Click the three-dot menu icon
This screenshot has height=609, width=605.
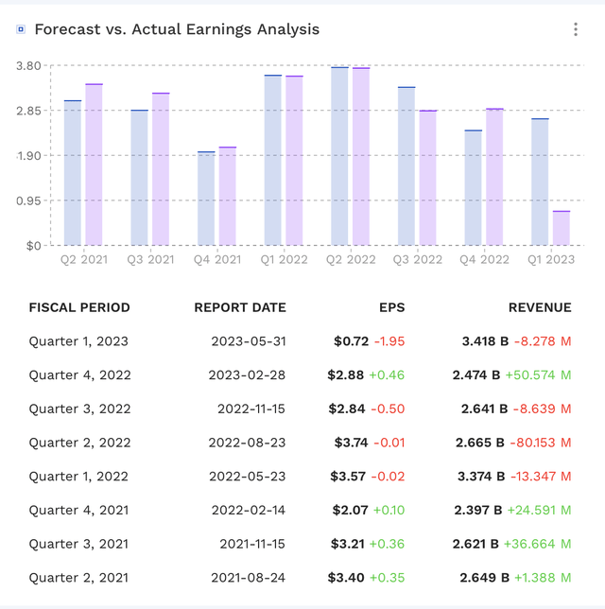[575, 29]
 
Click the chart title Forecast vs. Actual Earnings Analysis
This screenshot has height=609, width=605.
[177, 29]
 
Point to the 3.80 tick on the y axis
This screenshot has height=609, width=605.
[29, 65]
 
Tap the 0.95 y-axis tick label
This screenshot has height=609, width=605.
[29, 200]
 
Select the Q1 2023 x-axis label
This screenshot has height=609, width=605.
[551, 259]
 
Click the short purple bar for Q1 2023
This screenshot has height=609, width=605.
[562, 228]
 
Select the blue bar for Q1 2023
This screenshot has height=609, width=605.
[540, 182]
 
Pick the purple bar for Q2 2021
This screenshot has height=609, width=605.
[95, 165]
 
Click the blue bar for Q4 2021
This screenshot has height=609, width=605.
[206, 198]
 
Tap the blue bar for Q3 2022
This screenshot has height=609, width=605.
[406, 165]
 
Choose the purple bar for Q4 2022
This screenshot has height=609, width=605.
[494, 177]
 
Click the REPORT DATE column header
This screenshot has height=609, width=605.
[240, 307]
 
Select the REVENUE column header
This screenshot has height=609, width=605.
[540, 307]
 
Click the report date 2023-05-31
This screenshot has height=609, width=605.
[248, 341]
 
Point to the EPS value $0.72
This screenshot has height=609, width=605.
[349, 341]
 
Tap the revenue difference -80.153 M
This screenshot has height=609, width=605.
[542, 443]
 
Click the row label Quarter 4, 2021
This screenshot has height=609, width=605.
[78, 511]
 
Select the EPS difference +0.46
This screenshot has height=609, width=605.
[387, 375]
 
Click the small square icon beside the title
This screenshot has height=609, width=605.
[21, 29]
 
